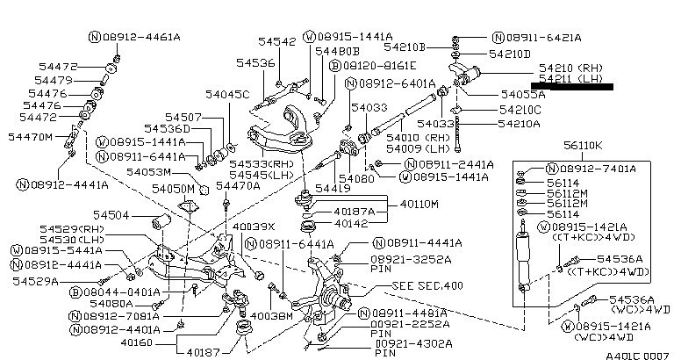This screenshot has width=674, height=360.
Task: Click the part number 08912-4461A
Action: tap(140, 37)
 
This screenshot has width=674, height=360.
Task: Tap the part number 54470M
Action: tap(31, 137)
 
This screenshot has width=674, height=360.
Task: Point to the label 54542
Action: tap(276, 41)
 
